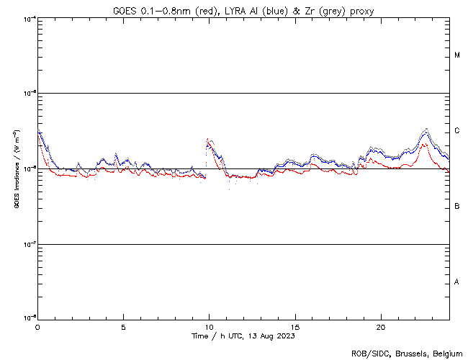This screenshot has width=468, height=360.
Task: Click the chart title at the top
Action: (x=243, y=11)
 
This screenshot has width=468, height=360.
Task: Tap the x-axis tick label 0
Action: (x=37, y=326)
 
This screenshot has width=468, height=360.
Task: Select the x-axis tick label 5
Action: (x=123, y=326)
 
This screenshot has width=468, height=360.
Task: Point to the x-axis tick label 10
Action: (x=209, y=326)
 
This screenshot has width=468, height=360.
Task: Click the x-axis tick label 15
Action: (x=295, y=326)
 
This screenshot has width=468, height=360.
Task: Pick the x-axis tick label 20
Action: (x=381, y=326)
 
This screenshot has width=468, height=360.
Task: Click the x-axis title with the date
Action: (x=243, y=336)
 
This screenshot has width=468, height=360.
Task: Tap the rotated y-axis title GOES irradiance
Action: (x=16, y=168)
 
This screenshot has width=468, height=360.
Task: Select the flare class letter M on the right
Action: (x=457, y=55)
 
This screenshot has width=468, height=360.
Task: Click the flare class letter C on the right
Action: (x=457, y=131)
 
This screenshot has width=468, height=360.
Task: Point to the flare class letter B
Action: (x=457, y=207)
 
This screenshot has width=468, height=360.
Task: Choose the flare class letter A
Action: (x=457, y=282)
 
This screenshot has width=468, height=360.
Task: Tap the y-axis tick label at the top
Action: (x=30, y=18)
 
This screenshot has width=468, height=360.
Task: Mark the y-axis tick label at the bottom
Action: (x=30, y=318)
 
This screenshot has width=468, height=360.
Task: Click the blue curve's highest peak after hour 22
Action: (x=427, y=130)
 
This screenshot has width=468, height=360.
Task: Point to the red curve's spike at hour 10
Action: (x=207, y=139)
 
